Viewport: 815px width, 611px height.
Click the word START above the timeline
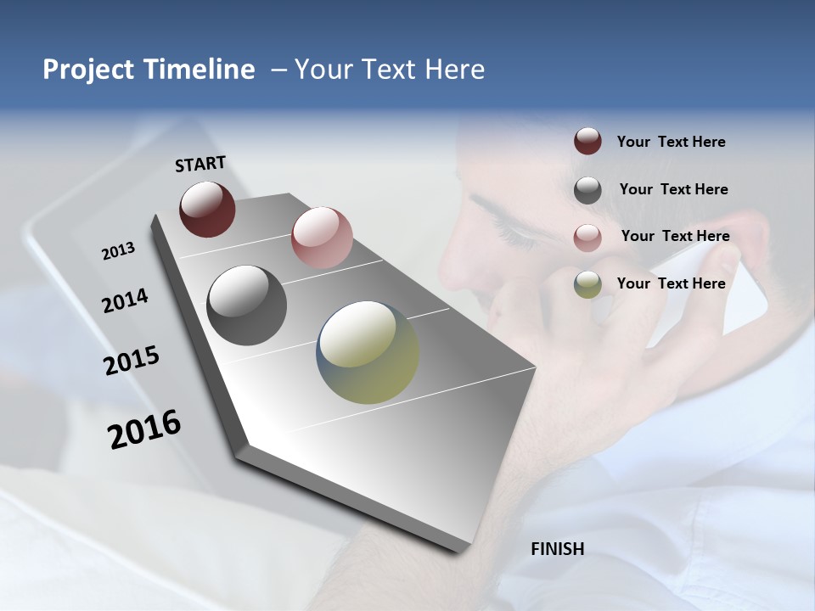pyautogui.click(x=200, y=164)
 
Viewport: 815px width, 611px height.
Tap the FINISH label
pyautogui.click(x=557, y=549)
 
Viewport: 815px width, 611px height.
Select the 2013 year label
pyautogui.click(x=118, y=251)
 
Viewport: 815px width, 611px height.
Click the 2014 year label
pyautogui.click(x=125, y=301)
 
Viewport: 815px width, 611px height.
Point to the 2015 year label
pyautogui.click(x=132, y=361)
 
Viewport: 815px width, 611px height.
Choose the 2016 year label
pyautogui.click(x=144, y=429)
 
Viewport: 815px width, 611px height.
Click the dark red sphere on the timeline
pyautogui.click(x=207, y=209)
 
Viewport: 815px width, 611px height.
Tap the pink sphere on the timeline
pyautogui.click(x=322, y=238)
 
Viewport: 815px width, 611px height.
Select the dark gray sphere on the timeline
pyautogui.click(x=247, y=305)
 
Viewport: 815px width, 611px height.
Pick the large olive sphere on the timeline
pyautogui.click(x=368, y=352)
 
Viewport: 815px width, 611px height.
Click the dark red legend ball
pyautogui.click(x=587, y=141)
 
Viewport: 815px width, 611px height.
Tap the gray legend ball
pyautogui.click(x=587, y=190)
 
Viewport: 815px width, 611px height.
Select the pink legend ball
pyautogui.click(x=587, y=238)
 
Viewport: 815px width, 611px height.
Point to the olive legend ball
pyautogui.click(x=587, y=284)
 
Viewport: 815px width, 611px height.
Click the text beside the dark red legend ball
pyautogui.click(x=671, y=142)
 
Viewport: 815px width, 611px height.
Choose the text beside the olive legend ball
pyautogui.click(x=671, y=283)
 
